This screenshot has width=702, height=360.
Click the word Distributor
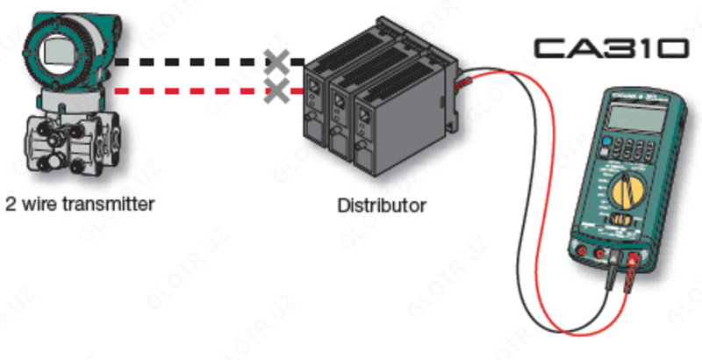point(382,207)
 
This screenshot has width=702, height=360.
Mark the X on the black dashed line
point(277,61)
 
